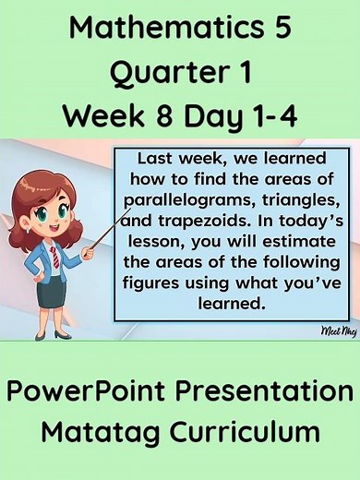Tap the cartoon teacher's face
[x=53, y=210]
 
